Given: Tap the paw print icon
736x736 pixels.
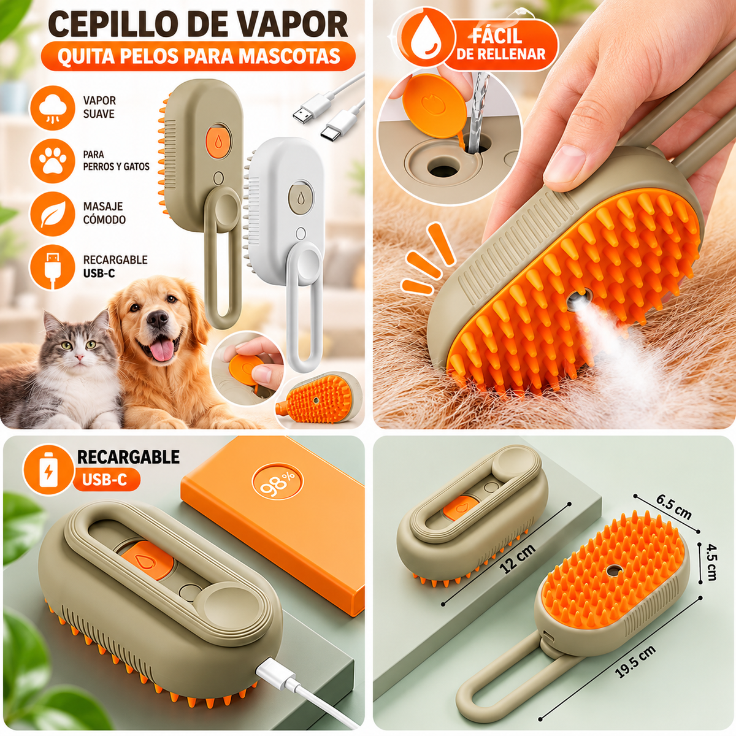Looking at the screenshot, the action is click(53, 161).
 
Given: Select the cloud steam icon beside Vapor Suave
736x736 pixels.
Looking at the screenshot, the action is click(53, 108).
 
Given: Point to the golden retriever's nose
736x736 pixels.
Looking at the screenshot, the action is click(157, 319).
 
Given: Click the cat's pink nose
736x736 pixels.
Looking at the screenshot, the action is click(80, 358).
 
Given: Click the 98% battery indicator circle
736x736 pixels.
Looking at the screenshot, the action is click(278, 483).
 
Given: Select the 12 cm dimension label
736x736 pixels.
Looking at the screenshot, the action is click(518, 559).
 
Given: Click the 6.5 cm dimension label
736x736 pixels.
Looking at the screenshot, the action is click(673, 507).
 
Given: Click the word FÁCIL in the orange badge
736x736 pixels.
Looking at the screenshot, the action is click(497, 37).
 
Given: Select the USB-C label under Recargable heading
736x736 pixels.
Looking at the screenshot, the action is click(104, 480).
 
